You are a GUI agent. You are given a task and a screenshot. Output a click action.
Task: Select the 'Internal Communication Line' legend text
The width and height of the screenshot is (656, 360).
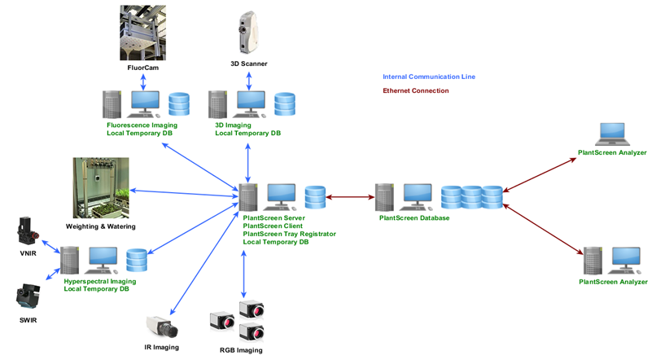pos(428,77)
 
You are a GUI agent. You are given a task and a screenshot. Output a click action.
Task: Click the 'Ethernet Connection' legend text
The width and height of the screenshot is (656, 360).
pos(415,90)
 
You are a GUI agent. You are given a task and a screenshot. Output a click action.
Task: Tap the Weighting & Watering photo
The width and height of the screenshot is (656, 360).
pos(101,189)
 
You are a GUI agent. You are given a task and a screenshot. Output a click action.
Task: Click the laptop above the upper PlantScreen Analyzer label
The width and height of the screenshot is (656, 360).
pos(611,134)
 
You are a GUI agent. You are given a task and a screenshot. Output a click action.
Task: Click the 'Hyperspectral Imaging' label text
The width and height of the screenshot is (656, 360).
pos(100,281)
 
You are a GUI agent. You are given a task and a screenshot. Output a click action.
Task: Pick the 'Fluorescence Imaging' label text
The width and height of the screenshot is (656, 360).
pos(142,125)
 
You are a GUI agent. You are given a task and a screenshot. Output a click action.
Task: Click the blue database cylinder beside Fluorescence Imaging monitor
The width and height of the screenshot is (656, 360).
pos(178,104)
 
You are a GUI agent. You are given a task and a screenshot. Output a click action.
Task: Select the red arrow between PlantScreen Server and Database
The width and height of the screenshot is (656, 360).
pos(350,196)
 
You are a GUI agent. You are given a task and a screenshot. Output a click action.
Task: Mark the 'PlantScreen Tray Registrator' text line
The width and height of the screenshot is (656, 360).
pos(289,234)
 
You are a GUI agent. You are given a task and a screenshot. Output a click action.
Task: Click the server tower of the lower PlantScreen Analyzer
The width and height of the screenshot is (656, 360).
pos(593,261)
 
